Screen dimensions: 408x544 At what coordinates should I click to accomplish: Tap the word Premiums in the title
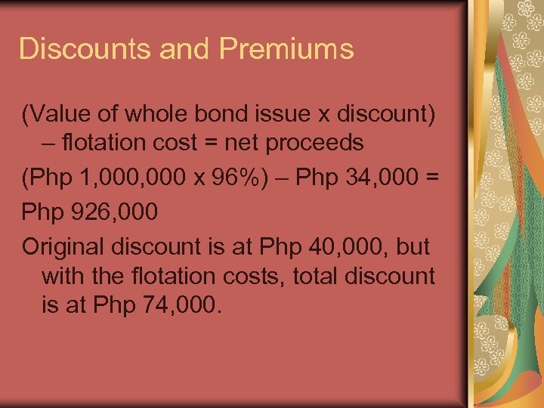(x=287, y=48)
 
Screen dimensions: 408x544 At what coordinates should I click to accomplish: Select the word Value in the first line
(x=60, y=115)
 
